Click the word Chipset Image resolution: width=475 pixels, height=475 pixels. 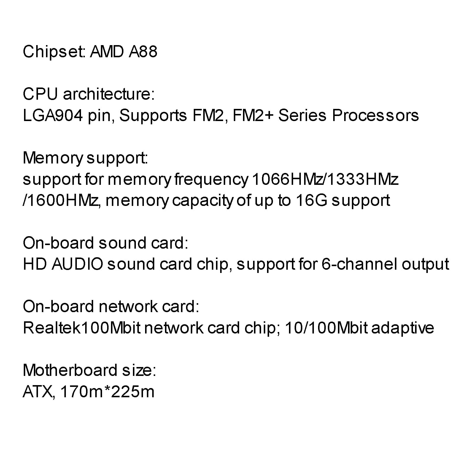(54, 52)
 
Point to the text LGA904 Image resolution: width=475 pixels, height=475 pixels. (53, 115)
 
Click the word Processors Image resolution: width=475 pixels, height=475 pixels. (375, 115)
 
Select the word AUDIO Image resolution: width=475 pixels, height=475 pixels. (77, 264)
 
